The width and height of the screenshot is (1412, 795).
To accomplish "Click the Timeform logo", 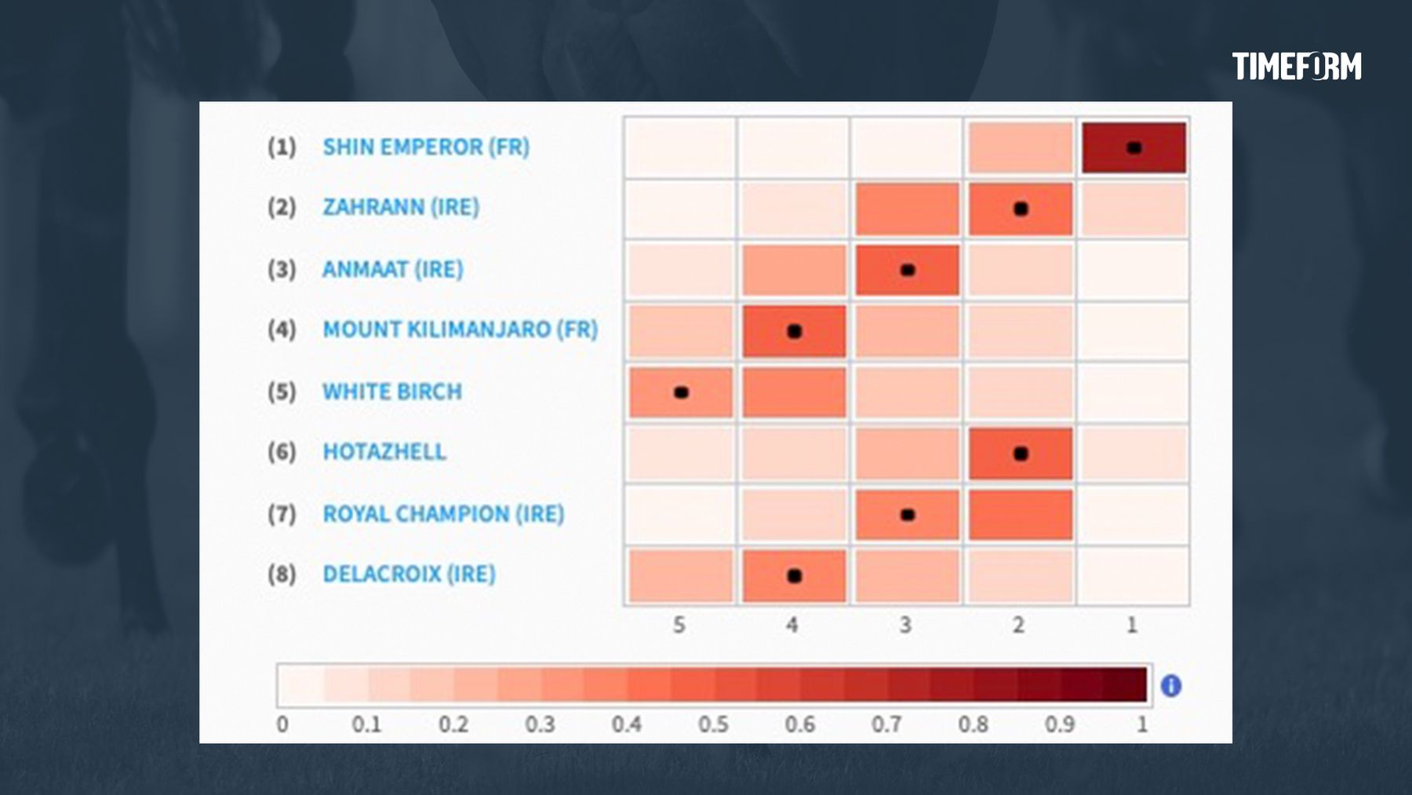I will (1296, 67).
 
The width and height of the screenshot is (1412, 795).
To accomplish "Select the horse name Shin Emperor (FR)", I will (426, 147).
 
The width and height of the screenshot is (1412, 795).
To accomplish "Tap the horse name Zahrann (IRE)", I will (401, 207).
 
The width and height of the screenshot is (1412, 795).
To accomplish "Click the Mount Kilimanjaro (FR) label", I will (460, 329).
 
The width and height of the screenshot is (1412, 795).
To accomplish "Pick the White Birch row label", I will (392, 391).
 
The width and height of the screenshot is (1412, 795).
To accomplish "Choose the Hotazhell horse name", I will (384, 451).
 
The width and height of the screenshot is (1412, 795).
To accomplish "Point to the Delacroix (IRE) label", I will (409, 574).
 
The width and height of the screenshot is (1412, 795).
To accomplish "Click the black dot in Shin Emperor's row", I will (1134, 148).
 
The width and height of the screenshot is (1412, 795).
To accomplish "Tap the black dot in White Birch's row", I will (681, 392).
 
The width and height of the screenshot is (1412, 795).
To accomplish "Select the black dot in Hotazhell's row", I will (1021, 454).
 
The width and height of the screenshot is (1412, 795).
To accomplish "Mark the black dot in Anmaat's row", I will (908, 270).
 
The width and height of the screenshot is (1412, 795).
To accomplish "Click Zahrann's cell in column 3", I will (907, 209).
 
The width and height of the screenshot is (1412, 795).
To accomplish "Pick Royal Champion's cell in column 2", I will (1020, 515).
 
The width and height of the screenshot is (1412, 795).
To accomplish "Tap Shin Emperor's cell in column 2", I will (1020, 148).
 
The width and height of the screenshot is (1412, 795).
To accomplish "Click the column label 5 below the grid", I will (679, 625).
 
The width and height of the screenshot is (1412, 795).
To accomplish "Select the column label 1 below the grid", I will (1132, 625).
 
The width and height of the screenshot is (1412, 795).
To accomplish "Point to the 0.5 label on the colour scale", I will (713, 724).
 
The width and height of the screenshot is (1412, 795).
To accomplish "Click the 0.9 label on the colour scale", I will (1059, 724).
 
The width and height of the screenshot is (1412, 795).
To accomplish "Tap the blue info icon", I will (1171, 686).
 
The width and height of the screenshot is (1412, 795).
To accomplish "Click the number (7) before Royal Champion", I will (282, 514).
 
